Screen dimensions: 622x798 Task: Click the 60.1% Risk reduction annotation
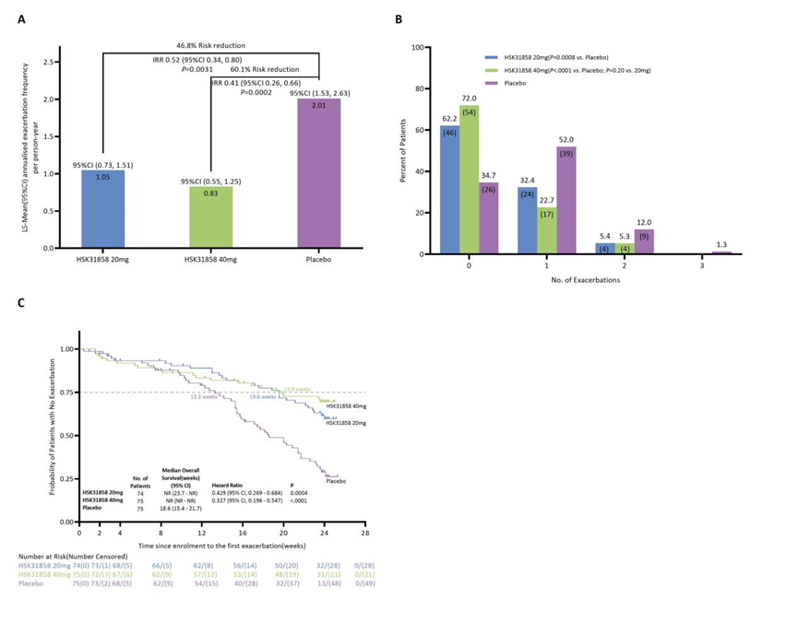point(265,70)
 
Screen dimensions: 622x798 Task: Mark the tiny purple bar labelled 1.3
point(721,252)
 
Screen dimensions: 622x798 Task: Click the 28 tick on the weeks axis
point(365,533)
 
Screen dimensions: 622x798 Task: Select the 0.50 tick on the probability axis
point(66,436)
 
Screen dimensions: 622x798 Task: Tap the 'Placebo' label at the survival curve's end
point(338,481)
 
